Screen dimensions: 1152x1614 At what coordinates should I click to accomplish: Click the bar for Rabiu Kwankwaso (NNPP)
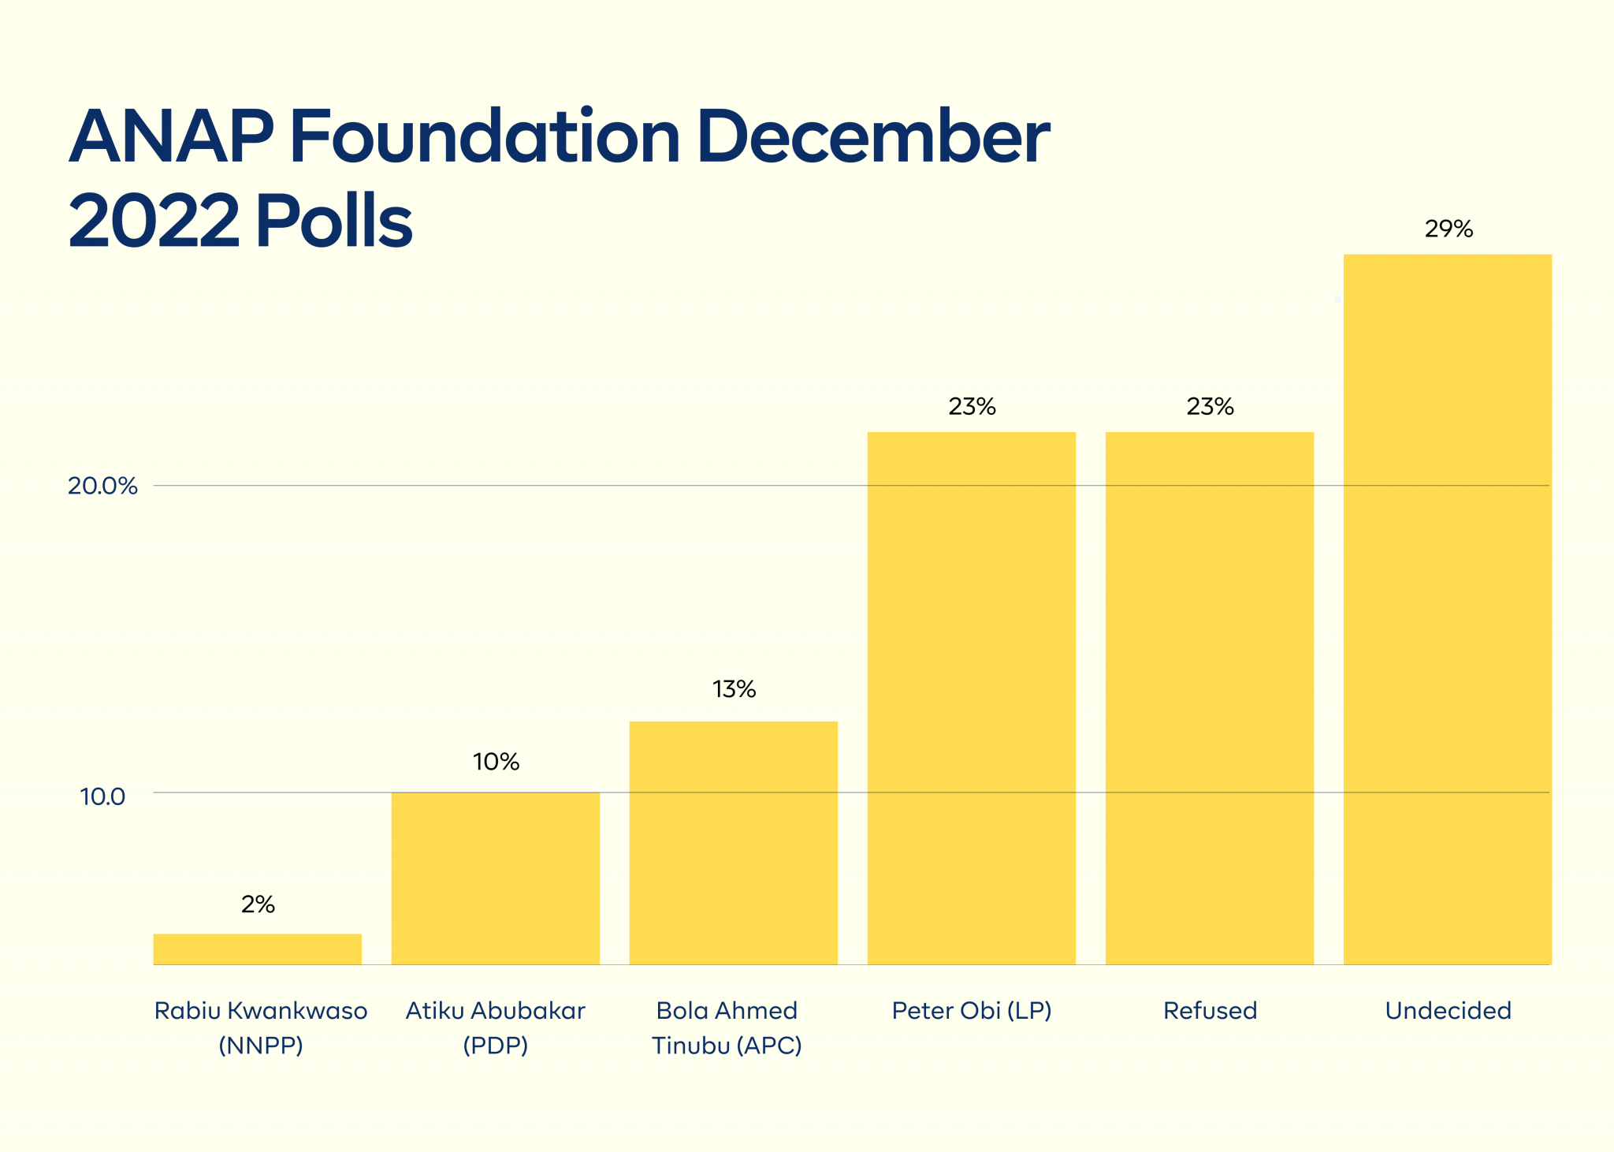point(258,949)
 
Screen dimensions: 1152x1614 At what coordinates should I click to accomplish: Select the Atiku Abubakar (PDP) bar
point(496,878)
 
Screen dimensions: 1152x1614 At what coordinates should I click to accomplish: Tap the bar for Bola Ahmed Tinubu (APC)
point(733,842)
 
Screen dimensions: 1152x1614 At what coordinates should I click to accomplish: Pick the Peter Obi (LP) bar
point(971,698)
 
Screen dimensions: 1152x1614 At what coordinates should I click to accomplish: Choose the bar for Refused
point(1210,698)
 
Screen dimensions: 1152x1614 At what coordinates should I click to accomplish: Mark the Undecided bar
point(1448,609)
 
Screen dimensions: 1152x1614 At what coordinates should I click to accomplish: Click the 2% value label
point(258,904)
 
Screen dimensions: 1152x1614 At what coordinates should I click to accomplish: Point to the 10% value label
point(496,762)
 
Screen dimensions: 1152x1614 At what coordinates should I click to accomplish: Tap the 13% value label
point(734,690)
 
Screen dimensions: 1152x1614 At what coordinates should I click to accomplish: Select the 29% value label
point(1449,229)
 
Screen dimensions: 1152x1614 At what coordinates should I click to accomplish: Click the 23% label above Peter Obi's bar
point(972,407)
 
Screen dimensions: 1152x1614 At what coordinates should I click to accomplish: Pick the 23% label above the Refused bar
point(1210,407)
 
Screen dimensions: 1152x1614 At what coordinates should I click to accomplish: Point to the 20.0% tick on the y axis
point(102,486)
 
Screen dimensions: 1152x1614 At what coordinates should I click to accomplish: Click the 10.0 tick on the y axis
point(102,796)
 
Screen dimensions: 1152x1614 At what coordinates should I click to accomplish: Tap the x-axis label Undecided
point(1448,1011)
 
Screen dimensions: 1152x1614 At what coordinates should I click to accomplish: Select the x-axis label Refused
point(1210,1011)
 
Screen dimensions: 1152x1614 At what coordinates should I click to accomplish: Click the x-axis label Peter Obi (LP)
point(972,1011)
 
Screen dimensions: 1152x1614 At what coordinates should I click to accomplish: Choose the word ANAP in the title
point(171,137)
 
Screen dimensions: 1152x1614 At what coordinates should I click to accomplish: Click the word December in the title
point(872,137)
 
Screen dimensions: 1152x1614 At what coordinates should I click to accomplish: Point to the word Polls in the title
point(333,222)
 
